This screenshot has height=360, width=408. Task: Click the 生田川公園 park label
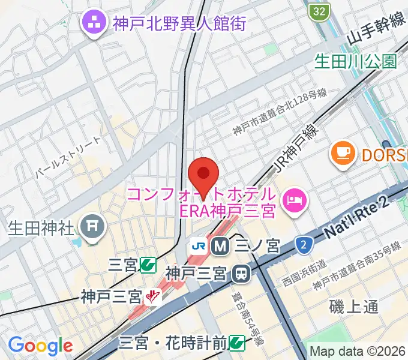tap(357, 61)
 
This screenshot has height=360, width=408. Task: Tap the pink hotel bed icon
tap(294, 197)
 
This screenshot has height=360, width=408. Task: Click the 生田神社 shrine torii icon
tap(92, 227)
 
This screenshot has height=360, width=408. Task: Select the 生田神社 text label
tap(41, 228)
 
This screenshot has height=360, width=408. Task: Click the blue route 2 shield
tap(304, 244)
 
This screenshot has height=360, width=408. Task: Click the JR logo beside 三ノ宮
tap(198, 245)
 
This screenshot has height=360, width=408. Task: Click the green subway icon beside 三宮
tap(147, 264)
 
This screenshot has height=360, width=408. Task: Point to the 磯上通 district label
tap(354, 307)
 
